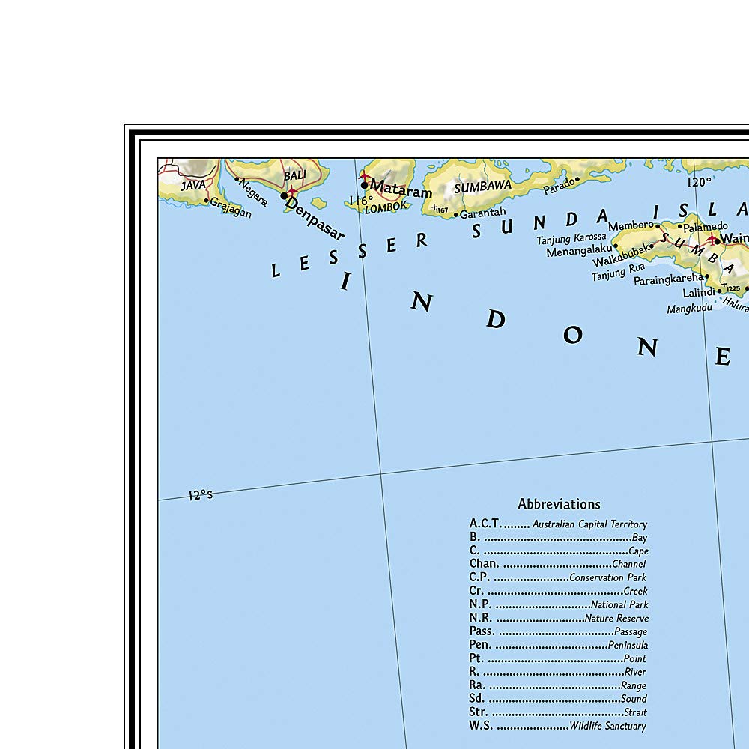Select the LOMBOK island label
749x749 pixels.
pos(386,207)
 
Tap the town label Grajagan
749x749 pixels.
pos(230,207)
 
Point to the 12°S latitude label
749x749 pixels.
pos(201,494)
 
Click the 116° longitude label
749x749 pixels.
pos(360,201)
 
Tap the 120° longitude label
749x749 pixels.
pos(698,181)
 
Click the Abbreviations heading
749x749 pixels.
pos(559,504)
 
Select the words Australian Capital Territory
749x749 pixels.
pos(589,524)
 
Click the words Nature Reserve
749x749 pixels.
pos(616,619)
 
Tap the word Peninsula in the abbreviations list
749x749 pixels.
pos(628,645)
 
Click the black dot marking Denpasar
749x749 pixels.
pos(284,196)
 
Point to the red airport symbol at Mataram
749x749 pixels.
pos(365,178)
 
